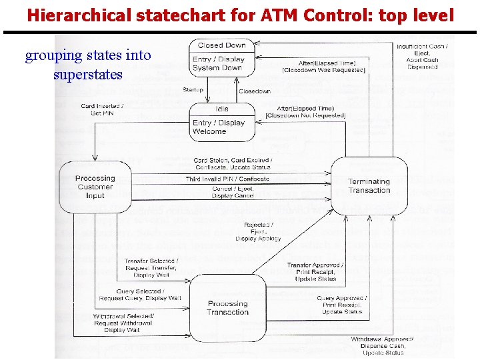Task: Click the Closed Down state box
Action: pyautogui.click(x=222, y=56)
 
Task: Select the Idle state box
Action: pyautogui.click(x=222, y=121)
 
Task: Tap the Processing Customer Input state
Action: pyautogui.click(x=95, y=187)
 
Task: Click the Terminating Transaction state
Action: pyautogui.click(x=369, y=186)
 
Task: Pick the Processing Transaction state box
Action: pyautogui.click(x=227, y=307)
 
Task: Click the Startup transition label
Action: pyautogui.click(x=193, y=90)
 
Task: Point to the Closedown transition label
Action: pyautogui.click(x=254, y=91)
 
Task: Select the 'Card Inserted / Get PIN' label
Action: pyautogui.click(x=101, y=110)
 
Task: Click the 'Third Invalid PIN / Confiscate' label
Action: pyautogui.click(x=227, y=179)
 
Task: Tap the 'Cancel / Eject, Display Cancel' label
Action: pyautogui.click(x=233, y=192)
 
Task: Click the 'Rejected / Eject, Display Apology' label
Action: pyautogui.click(x=258, y=231)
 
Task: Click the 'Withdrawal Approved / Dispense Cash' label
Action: pyautogui.click(x=382, y=346)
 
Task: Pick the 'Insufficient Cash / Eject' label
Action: pyautogui.click(x=422, y=57)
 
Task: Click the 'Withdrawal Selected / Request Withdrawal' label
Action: pyautogui.click(x=123, y=323)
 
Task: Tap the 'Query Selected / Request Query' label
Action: pyautogui.click(x=139, y=295)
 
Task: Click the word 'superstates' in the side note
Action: pyautogui.click(x=88, y=73)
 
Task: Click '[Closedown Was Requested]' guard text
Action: pyautogui.click(x=324, y=70)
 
